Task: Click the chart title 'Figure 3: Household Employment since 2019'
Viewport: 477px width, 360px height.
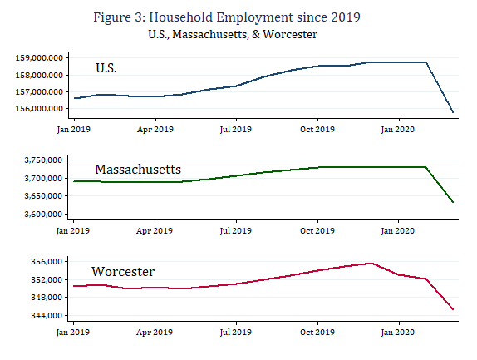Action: click(238, 17)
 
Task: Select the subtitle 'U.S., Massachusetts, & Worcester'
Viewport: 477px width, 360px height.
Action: click(238, 34)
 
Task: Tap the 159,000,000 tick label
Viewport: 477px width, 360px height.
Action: click(39, 57)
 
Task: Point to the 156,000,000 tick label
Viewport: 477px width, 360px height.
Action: click(39, 108)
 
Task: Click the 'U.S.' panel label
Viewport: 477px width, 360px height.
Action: click(106, 68)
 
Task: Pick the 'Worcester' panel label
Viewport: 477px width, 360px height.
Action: click(122, 272)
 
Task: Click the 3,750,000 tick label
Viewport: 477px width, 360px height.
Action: click(45, 160)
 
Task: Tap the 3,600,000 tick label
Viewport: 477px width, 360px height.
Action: click(45, 215)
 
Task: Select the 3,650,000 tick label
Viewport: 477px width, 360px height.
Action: click(45, 196)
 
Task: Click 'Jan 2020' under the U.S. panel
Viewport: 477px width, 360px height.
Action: click(398, 129)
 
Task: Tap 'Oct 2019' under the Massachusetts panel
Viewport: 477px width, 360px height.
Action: click(317, 229)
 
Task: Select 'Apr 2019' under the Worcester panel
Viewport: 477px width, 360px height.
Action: click(155, 332)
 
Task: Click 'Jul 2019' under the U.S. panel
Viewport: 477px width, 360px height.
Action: click(236, 129)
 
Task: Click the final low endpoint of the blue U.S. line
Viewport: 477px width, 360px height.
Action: click(453, 112)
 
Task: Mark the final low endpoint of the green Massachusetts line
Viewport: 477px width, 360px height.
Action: click(453, 202)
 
